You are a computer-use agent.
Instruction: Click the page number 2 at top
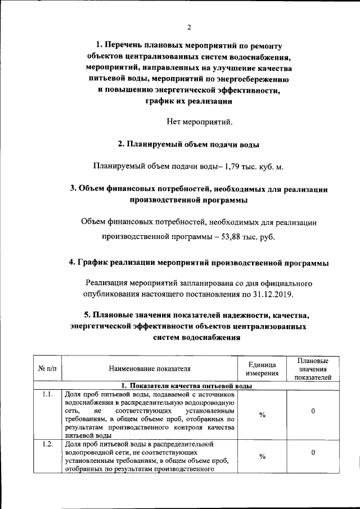188,28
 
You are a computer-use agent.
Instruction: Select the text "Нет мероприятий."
200,120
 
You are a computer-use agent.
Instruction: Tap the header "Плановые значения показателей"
312,368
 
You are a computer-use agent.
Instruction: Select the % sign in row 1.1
262,415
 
